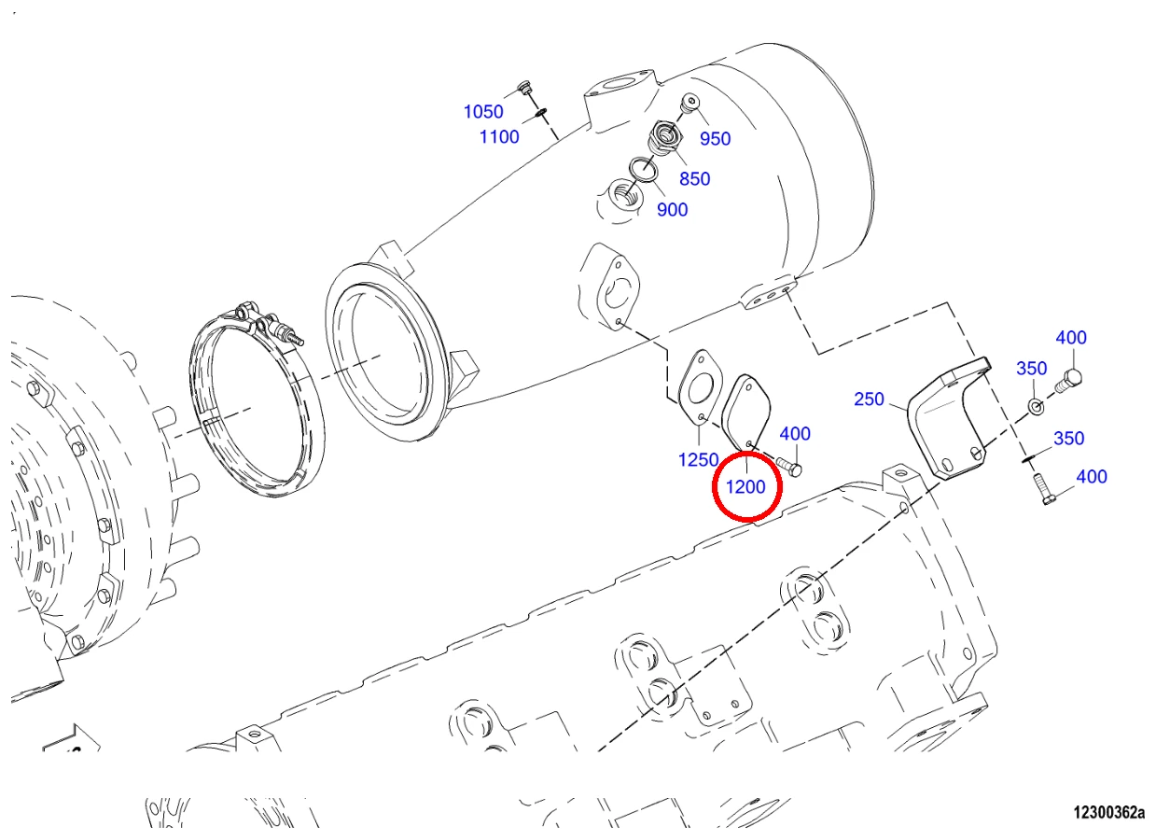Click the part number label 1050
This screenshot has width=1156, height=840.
[483, 111]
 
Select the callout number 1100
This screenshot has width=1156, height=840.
[499, 137]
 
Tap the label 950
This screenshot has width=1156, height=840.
[715, 138]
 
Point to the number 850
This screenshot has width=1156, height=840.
[695, 178]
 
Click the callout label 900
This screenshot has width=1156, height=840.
[672, 210]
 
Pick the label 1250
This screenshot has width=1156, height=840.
[698, 459]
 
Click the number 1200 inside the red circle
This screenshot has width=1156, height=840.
[745, 486]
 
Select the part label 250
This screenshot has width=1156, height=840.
[869, 399]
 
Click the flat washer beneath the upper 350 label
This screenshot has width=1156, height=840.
[1035, 406]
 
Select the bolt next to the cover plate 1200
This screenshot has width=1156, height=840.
[789, 465]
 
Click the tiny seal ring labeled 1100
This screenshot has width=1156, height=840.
[540, 113]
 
